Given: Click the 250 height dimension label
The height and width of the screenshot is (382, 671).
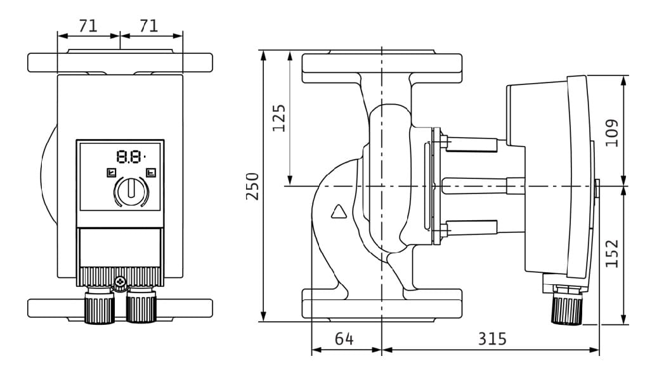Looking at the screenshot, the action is [x=253, y=187].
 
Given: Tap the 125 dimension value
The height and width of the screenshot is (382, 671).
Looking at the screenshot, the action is [x=279, y=118].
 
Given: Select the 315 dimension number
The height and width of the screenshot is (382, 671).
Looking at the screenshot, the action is [x=492, y=339].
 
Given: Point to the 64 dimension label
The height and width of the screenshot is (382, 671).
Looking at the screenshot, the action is [x=344, y=339].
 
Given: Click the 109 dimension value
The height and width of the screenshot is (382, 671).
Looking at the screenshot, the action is [x=612, y=133].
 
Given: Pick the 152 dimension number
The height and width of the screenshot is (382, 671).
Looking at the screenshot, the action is [x=612, y=254].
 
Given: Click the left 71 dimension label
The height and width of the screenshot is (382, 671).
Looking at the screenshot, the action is [x=88, y=26].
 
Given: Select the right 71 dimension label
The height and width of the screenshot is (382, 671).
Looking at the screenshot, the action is [x=149, y=26].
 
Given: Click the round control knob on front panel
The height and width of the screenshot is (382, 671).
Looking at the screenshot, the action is [x=131, y=191].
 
